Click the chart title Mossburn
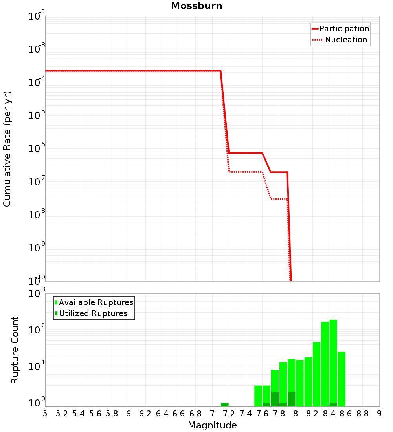coord(196,6)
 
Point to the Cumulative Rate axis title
coord(7,148)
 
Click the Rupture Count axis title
coord(15,350)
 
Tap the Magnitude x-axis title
coord(212,425)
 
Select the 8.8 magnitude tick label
coord(362,414)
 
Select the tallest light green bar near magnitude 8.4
coord(333,361)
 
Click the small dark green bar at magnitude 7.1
coord(224,405)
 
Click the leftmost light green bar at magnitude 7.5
coord(258,396)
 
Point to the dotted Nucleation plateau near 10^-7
coord(246,172)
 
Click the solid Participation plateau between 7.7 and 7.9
coord(279,172)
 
